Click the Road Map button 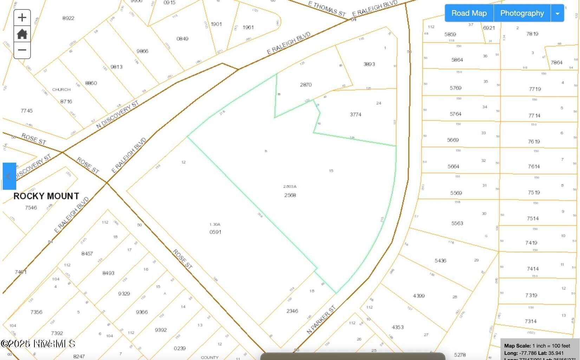(x=469, y=13)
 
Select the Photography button (x=522, y=13)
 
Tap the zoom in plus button (x=22, y=18)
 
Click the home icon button (x=22, y=34)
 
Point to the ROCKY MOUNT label (x=46, y=196)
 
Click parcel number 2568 (x=290, y=195)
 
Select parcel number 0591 (x=215, y=232)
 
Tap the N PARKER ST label (x=321, y=320)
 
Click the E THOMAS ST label (x=327, y=8)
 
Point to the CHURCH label (x=61, y=90)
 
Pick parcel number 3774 (x=356, y=115)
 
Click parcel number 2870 (x=306, y=85)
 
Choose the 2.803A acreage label (x=290, y=187)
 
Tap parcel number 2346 (x=292, y=311)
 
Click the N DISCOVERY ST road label (x=117, y=114)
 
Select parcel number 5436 (x=440, y=261)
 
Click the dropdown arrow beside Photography (x=557, y=13)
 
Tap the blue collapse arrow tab (x=9, y=176)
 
